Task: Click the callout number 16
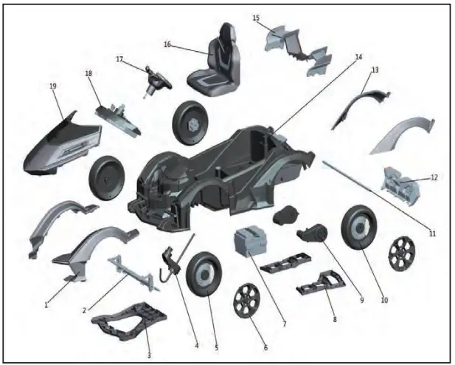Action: tap(167, 44)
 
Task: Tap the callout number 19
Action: tap(53, 86)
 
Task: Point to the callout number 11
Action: tap(433, 233)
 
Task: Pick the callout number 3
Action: tap(149, 355)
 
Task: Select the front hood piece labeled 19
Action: tap(62, 144)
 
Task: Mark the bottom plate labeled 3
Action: tap(130, 318)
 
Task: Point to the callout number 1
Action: tap(46, 304)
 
